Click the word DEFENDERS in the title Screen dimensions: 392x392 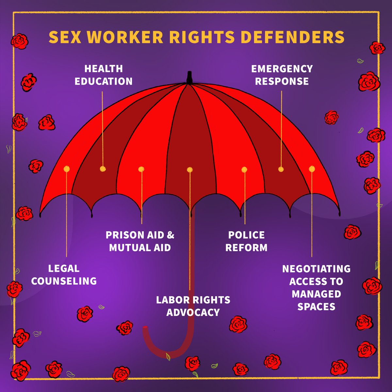coord(292,37)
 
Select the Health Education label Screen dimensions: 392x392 coord(104,75)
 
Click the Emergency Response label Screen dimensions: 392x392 coord(282,75)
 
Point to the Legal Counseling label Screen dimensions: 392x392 coord(64,275)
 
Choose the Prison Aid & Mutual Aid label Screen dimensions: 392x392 coord(140,241)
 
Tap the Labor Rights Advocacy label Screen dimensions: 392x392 coord(193,306)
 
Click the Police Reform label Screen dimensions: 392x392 coord(246,241)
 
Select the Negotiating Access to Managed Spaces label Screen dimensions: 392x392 coord(316,287)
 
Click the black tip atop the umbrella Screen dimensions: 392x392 coord(189,77)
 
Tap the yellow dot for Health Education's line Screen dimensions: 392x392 coord(103,169)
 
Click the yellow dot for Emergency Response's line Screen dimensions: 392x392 coord(281,169)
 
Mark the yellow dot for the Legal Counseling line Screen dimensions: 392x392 coord(67,169)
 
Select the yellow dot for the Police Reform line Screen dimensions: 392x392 coord(244,169)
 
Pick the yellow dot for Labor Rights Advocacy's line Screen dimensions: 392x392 coord(190,169)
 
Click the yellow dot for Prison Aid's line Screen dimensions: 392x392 coord(141,169)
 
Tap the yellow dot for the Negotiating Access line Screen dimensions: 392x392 coord(312,169)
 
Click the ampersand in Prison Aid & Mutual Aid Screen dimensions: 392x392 coord(171,235)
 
